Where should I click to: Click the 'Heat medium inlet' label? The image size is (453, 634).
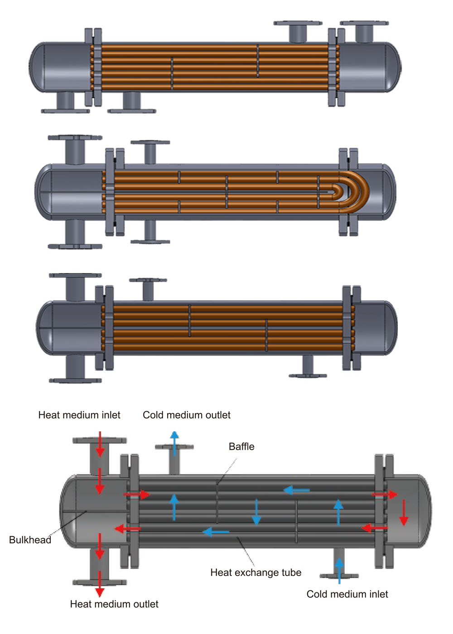79,415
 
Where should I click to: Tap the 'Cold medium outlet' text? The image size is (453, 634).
187,415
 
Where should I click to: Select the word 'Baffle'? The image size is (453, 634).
241,447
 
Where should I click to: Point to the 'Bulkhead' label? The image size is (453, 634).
30,540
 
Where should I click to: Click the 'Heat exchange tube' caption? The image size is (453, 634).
255,572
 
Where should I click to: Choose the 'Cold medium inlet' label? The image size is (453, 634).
347,594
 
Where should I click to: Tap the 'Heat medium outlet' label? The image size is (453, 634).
114,604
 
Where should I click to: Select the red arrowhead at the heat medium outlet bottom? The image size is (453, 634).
100,592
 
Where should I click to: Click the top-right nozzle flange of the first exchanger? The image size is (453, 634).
364,23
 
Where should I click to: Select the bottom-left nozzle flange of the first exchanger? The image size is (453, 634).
65,111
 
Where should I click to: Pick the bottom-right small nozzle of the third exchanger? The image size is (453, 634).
308,366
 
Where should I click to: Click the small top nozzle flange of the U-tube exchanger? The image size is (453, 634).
150,142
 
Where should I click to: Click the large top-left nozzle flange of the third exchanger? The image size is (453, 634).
75,275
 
